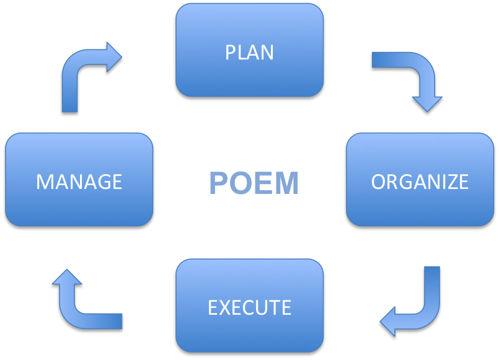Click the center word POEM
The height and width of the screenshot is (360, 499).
point(254,183)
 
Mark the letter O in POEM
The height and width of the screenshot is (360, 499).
point(241,183)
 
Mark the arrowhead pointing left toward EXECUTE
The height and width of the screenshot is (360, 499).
point(389,321)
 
